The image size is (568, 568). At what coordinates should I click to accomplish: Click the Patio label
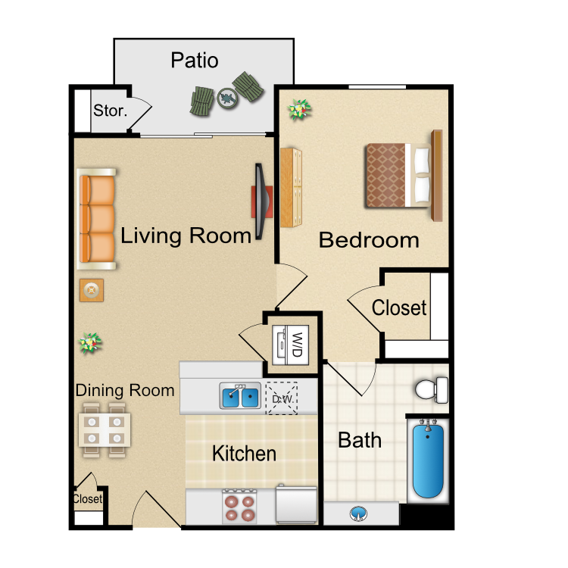tap(195, 60)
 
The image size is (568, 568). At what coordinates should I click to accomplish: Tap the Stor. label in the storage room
tap(110, 111)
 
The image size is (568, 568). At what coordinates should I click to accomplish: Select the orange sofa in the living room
tap(97, 219)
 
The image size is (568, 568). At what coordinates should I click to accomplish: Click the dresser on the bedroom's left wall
tap(291, 188)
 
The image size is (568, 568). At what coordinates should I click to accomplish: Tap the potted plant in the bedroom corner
tap(299, 109)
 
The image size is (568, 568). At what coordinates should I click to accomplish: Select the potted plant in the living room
tap(90, 343)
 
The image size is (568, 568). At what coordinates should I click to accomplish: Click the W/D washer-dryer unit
tap(291, 345)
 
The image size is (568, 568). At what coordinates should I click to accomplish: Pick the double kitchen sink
tap(240, 396)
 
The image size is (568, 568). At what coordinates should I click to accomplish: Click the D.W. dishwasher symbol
tap(282, 398)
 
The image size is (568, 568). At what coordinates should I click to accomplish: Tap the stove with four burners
tap(239, 506)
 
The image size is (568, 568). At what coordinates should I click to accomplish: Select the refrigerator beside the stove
tap(297, 504)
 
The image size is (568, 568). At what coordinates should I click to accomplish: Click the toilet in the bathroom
tap(432, 390)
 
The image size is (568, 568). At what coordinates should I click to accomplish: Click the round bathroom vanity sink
tap(359, 513)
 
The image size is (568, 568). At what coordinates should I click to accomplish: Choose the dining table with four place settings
tap(105, 430)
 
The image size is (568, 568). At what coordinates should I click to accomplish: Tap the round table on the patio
tap(227, 98)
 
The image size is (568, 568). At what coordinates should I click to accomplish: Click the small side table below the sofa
tap(92, 290)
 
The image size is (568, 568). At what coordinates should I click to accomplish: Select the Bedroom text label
tap(369, 240)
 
